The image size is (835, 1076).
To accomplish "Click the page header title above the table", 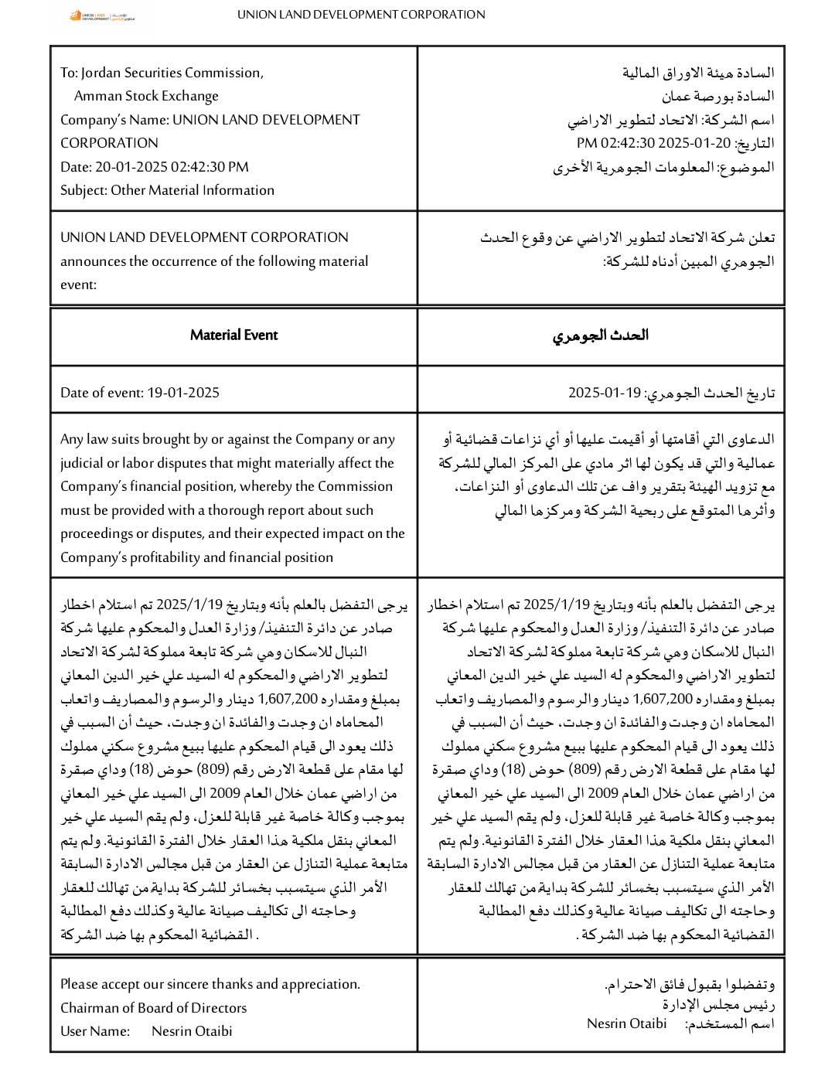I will tap(361, 14).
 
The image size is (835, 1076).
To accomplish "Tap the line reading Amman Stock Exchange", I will tap(146, 96).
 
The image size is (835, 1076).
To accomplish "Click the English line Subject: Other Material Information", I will tap(167, 190).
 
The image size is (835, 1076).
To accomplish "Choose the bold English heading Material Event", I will tap(233, 335).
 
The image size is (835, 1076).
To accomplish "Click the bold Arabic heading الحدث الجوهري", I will tap(601, 335).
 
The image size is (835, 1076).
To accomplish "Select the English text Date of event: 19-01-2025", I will tap(140, 393).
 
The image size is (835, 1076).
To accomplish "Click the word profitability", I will tap(161, 557).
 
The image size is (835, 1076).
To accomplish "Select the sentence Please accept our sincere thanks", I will tap(210, 984).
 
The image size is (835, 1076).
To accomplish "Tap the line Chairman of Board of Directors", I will tap(153, 1007).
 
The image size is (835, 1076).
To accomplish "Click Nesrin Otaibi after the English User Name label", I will tap(192, 1031).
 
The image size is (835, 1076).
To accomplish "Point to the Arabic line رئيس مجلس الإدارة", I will tap(718, 1004).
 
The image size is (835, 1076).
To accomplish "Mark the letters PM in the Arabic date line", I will tap(587, 143).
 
